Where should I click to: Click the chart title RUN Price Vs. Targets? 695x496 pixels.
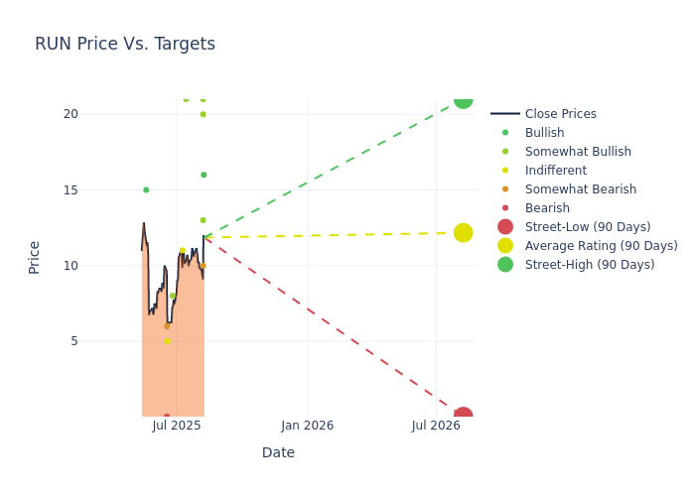(x=125, y=44)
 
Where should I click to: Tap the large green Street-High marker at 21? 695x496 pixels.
(x=463, y=99)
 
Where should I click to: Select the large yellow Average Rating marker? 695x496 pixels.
(x=463, y=232)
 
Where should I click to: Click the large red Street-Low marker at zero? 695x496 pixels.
(x=463, y=416)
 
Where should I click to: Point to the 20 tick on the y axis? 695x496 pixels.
(x=70, y=114)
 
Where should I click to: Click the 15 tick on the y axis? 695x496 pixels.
(x=70, y=189)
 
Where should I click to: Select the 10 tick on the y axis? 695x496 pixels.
(x=70, y=265)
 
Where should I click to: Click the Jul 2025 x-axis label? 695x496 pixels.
(x=178, y=426)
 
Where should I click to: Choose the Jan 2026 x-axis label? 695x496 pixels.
(x=307, y=426)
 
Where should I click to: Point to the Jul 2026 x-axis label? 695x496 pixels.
(x=437, y=426)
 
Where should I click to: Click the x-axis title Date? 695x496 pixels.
(x=278, y=452)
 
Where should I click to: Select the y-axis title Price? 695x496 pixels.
(x=35, y=257)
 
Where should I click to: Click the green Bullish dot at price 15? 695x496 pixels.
(x=146, y=189)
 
